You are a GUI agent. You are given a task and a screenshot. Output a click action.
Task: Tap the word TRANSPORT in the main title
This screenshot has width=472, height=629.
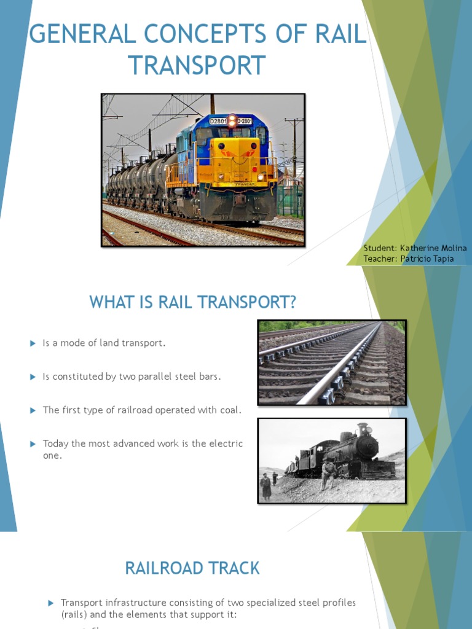tap(197, 65)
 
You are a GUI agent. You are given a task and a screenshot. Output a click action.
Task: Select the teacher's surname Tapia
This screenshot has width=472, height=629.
tap(441, 259)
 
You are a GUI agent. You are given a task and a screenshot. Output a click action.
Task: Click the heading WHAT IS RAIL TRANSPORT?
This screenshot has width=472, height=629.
tap(193, 302)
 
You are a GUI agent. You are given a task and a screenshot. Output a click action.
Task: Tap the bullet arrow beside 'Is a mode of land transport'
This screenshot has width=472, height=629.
tap(33, 343)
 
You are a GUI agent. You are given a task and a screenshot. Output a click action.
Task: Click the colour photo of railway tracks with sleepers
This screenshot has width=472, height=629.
tap(331, 362)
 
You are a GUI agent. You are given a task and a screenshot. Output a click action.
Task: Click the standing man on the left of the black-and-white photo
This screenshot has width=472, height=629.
tap(265, 486)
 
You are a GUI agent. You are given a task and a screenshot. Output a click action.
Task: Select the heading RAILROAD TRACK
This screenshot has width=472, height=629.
tap(192, 568)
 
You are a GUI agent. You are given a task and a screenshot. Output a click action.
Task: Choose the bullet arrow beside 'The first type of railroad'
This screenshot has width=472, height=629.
tap(33, 410)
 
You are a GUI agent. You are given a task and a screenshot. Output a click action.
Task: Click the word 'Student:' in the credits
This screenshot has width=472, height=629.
tap(380, 248)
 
